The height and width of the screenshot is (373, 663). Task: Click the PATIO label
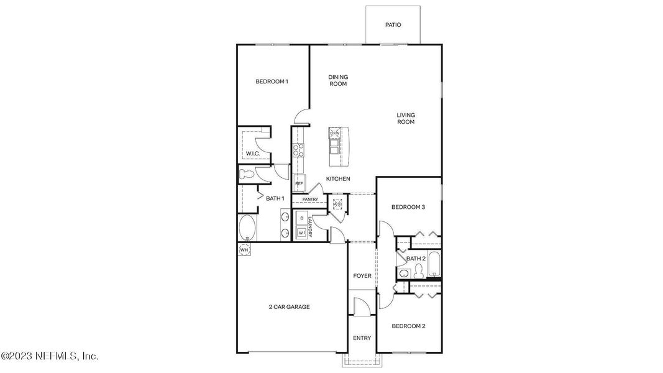click(393, 25)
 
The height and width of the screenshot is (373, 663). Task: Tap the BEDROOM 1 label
click(272, 81)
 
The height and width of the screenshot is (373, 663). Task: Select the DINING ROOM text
click(338, 80)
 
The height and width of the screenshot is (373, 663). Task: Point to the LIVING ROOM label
click(406, 118)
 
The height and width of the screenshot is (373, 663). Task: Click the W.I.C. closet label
click(252, 154)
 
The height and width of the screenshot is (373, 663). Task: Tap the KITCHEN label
click(338, 179)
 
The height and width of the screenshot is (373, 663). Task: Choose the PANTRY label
click(310, 200)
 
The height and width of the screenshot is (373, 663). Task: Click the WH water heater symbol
click(244, 250)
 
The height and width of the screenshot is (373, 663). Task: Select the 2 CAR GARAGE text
click(289, 306)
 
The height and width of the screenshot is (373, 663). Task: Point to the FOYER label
click(362, 275)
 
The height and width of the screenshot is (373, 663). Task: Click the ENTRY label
click(362, 338)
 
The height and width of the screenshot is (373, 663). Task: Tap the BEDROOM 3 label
click(408, 207)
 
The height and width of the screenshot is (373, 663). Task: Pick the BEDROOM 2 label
click(408, 326)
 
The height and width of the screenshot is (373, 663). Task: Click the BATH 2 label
click(416, 258)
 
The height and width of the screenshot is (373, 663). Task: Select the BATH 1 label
click(275, 198)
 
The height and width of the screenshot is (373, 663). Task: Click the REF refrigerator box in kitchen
click(299, 183)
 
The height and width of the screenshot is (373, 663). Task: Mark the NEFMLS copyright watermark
click(50, 356)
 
